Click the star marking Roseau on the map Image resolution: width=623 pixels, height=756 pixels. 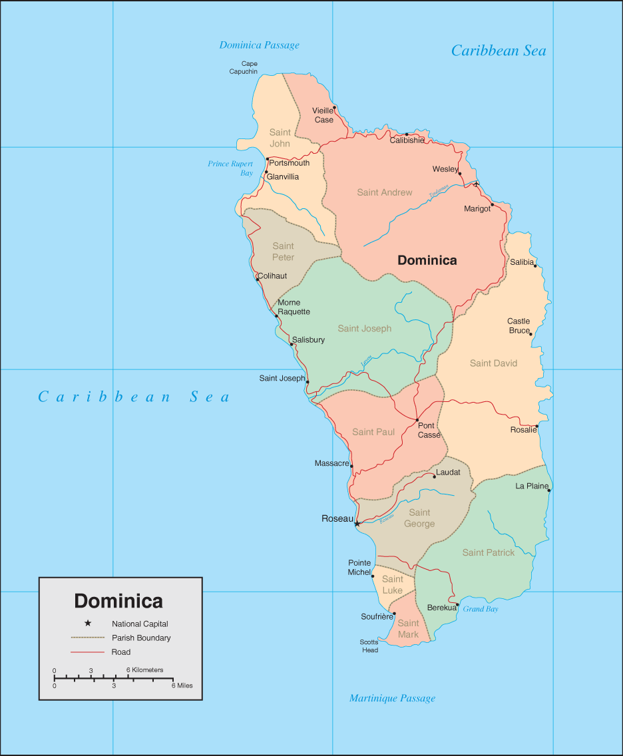click(357, 524)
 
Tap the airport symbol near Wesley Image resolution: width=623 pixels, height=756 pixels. click(476, 184)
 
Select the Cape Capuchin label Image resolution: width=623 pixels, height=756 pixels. click(244, 68)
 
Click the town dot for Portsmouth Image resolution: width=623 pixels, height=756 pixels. click(267, 159)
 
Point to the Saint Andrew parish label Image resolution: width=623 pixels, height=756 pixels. click(385, 192)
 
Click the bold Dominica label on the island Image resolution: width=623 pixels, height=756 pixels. click(427, 260)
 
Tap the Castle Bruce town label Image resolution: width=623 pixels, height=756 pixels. click(519, 325)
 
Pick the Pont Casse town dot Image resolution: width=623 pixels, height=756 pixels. click(417, 420)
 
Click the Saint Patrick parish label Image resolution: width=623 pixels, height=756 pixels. click(489, 552)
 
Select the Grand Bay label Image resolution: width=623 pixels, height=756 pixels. click(481, 609)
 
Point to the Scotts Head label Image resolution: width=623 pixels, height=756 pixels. click(369, 646)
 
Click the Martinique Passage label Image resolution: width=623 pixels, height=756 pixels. click(392, 698)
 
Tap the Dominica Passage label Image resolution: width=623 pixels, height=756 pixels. click(260, 45)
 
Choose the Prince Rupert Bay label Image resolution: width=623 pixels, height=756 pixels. click(230, 168)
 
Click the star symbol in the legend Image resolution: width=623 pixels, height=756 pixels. click(88, 624)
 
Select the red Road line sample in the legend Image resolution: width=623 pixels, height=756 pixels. click(88, 652)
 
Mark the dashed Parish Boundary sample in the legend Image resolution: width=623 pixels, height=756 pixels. click(88, 638)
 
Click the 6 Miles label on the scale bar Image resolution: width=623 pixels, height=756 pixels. click(182, 685)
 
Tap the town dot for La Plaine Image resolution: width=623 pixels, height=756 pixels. click(549, 490)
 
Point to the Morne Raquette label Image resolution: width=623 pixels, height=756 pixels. click(294, 307)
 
